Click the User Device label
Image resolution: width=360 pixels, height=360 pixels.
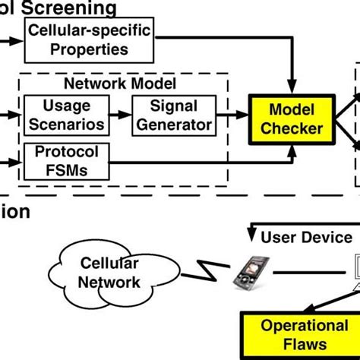(x=307, y=238)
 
